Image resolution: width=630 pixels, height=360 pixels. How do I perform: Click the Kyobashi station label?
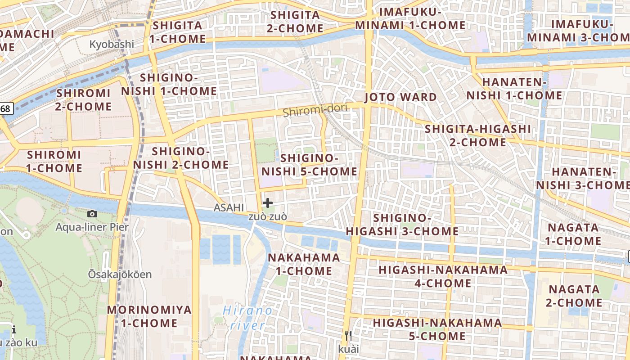coord(112,44)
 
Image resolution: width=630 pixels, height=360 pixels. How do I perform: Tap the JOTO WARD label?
coord(400,97)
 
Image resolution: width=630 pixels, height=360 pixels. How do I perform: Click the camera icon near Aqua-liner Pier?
coord(92,214)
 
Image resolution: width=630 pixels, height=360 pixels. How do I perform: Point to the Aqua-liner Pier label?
coord(92,227)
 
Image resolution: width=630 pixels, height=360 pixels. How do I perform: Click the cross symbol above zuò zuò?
coord(268,203)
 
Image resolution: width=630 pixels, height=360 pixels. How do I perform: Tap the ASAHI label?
coord(229,207)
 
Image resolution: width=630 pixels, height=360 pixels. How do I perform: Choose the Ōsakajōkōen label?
coord(120,274)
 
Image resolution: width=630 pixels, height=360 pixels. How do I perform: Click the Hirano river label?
coord(248,318)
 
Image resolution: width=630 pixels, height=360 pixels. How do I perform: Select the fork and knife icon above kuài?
coord(348,335)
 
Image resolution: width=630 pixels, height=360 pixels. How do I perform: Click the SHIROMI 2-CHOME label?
coord(84,100)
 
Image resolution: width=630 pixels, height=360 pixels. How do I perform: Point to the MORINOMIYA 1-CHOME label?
coord(149,316)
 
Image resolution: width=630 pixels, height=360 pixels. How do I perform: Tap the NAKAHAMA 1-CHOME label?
coord(304,264)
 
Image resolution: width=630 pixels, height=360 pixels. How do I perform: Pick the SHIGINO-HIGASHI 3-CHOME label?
coord(402,225)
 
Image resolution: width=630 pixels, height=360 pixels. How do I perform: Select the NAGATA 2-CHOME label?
coord(574,296)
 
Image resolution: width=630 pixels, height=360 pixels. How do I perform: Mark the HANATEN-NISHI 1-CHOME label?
coord(514,89)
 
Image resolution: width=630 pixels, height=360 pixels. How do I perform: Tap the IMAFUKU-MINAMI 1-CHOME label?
coord(410,18)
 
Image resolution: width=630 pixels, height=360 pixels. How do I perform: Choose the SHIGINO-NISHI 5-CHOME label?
coord(310,165)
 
